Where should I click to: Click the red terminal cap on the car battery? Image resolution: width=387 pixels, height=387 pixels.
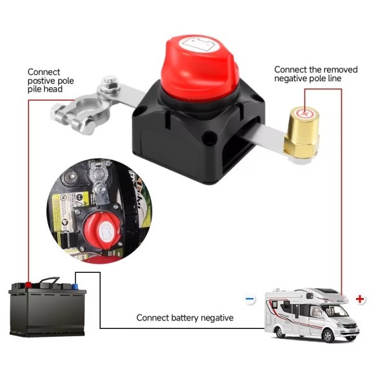[x=28, y=285]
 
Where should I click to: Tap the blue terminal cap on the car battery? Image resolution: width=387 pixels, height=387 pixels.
[x=75, y=286]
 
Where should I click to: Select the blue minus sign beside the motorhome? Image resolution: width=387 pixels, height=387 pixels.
[x=250, y=299]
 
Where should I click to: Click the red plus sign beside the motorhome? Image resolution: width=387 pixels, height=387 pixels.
[x=360, y=299]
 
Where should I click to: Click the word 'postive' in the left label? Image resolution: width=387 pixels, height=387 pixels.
[x=41, y=81]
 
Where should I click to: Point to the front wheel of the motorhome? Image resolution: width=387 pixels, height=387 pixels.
[x=328, y=335]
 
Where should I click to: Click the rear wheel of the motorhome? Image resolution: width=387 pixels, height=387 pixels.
[x=281, y=332]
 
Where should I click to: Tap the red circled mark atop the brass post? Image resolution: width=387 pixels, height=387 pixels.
[x=305, y=114]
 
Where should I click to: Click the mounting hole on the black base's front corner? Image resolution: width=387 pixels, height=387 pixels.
[x=209, y=137]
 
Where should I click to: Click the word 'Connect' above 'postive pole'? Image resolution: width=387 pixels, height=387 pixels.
[x=44, y=72]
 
